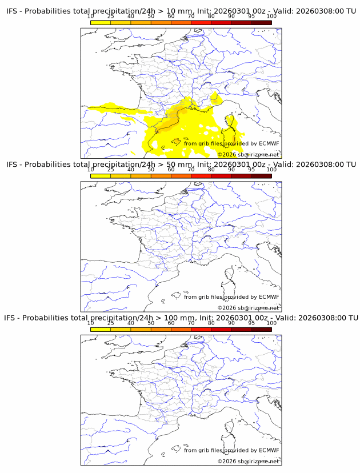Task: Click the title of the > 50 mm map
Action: [181, 165]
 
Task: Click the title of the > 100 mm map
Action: [181, 318]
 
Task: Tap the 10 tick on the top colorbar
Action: [91, 17]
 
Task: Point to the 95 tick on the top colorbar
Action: [251, 17]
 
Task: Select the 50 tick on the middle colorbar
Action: [151, 170]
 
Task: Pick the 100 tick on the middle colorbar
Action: [271, 170]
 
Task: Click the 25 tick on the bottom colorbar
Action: [111, 323]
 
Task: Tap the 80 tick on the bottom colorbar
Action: [211, 323]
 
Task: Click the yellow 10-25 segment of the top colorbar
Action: [101, 23]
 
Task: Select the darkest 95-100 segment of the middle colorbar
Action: [261, 176]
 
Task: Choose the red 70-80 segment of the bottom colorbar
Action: [201, 329]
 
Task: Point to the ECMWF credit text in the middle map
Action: [231, 296]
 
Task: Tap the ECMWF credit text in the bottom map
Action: [231, 450]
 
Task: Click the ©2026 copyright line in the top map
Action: [249, 154]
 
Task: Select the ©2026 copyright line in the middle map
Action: [249, 307]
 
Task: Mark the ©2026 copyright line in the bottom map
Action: [249, 460]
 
